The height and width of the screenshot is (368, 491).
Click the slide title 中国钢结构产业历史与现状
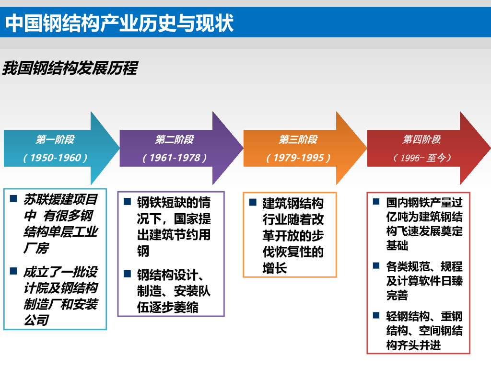coord(119,23)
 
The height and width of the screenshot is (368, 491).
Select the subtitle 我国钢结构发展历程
coord(70,68)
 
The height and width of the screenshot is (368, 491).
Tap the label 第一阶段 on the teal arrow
coord(55,139)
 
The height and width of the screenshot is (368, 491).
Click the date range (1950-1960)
coord(55,158)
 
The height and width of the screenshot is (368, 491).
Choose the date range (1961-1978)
coord(175,158)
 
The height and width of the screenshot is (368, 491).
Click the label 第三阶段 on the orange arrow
coord(298,139)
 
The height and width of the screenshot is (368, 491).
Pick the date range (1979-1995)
coord(298,158)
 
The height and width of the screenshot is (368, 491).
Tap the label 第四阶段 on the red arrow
coord(421,139)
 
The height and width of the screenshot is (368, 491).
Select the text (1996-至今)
coord(422,158)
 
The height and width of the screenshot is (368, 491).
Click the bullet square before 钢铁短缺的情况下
coord(127,202)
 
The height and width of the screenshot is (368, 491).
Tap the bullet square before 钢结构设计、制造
coord(127,274)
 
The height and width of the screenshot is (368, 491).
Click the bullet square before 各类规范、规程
coord(376,265)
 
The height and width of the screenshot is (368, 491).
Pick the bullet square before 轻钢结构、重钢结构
coord(376,315)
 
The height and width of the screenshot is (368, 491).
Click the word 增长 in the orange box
coord(275,268)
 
